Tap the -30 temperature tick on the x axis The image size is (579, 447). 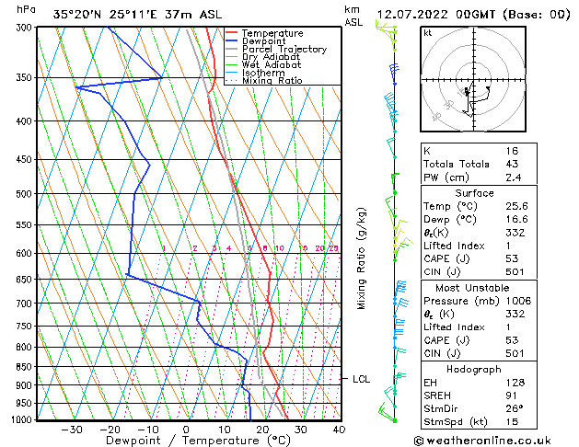[x=71, y=429]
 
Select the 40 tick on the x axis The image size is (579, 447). [x=339, y=429]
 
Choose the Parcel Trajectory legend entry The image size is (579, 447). [x=284, y=50]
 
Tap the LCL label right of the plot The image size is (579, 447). [x=361, y=378]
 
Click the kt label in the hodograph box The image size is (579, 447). [x=428, y=33]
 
